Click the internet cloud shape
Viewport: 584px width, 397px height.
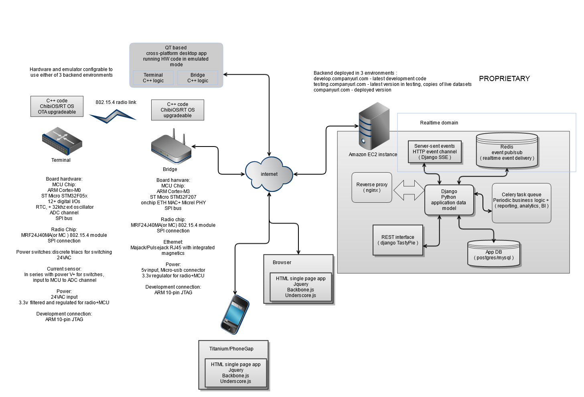269,175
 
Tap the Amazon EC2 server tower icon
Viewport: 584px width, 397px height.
374,126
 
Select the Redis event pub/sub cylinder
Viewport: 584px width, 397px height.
507,151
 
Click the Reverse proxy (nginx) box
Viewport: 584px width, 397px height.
372,187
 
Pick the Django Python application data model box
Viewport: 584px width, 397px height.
449,200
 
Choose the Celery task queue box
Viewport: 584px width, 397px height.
521,203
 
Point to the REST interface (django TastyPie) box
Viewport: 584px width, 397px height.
398,240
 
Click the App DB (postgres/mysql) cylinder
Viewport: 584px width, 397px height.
494,254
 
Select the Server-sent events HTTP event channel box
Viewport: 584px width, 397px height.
434,152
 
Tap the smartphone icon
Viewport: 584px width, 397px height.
235,314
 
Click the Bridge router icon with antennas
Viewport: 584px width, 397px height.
171,147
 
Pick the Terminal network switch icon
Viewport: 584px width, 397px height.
62,141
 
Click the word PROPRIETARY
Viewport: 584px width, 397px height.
504,79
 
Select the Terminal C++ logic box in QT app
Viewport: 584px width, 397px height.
153,78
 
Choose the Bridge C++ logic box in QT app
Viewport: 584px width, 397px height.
198,78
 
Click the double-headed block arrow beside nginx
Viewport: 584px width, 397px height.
408,190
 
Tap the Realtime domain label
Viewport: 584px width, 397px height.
439,123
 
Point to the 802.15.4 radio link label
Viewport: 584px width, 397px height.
116,102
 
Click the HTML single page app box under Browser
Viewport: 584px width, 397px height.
301,287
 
